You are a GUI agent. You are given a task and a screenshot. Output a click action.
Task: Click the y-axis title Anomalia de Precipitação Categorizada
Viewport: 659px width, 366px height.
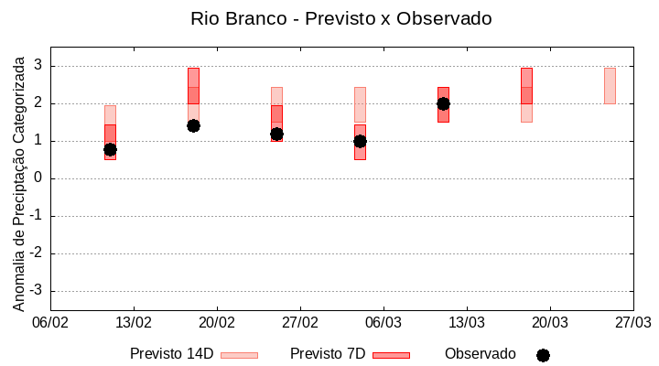tap(18, 180)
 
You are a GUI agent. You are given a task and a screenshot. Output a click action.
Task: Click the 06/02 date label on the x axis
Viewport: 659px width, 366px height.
tap(50, 322)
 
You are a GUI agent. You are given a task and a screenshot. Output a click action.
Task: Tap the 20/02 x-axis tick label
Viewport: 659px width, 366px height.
tap(217, 322)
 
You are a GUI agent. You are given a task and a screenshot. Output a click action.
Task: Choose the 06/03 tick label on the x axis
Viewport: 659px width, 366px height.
tap(384, 322)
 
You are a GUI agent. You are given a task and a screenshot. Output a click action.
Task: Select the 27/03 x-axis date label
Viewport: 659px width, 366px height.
tap(633, 322)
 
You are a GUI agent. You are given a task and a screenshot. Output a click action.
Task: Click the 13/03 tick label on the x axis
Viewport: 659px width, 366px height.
tap(467, 322)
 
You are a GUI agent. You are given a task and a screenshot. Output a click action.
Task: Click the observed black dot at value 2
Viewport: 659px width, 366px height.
tap(443, 103)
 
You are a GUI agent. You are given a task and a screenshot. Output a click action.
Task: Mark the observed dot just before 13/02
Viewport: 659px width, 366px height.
tap(110, 149)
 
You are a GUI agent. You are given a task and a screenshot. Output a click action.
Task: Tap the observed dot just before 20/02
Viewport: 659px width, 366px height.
tap(193, 125)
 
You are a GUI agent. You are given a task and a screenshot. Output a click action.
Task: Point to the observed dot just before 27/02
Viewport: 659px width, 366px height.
tap(276, 134)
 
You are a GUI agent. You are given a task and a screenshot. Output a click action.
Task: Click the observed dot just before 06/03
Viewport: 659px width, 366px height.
tap(360, 141)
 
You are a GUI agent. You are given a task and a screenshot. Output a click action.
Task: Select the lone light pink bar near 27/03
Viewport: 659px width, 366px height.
tap(610, 85)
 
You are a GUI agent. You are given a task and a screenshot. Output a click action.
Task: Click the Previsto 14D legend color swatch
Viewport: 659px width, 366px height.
tap(239, 354)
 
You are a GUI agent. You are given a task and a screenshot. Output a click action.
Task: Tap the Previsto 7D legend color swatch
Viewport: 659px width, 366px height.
tap(391, 354)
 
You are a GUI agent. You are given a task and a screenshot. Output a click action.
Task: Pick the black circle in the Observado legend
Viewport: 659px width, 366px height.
tap(543, 355)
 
